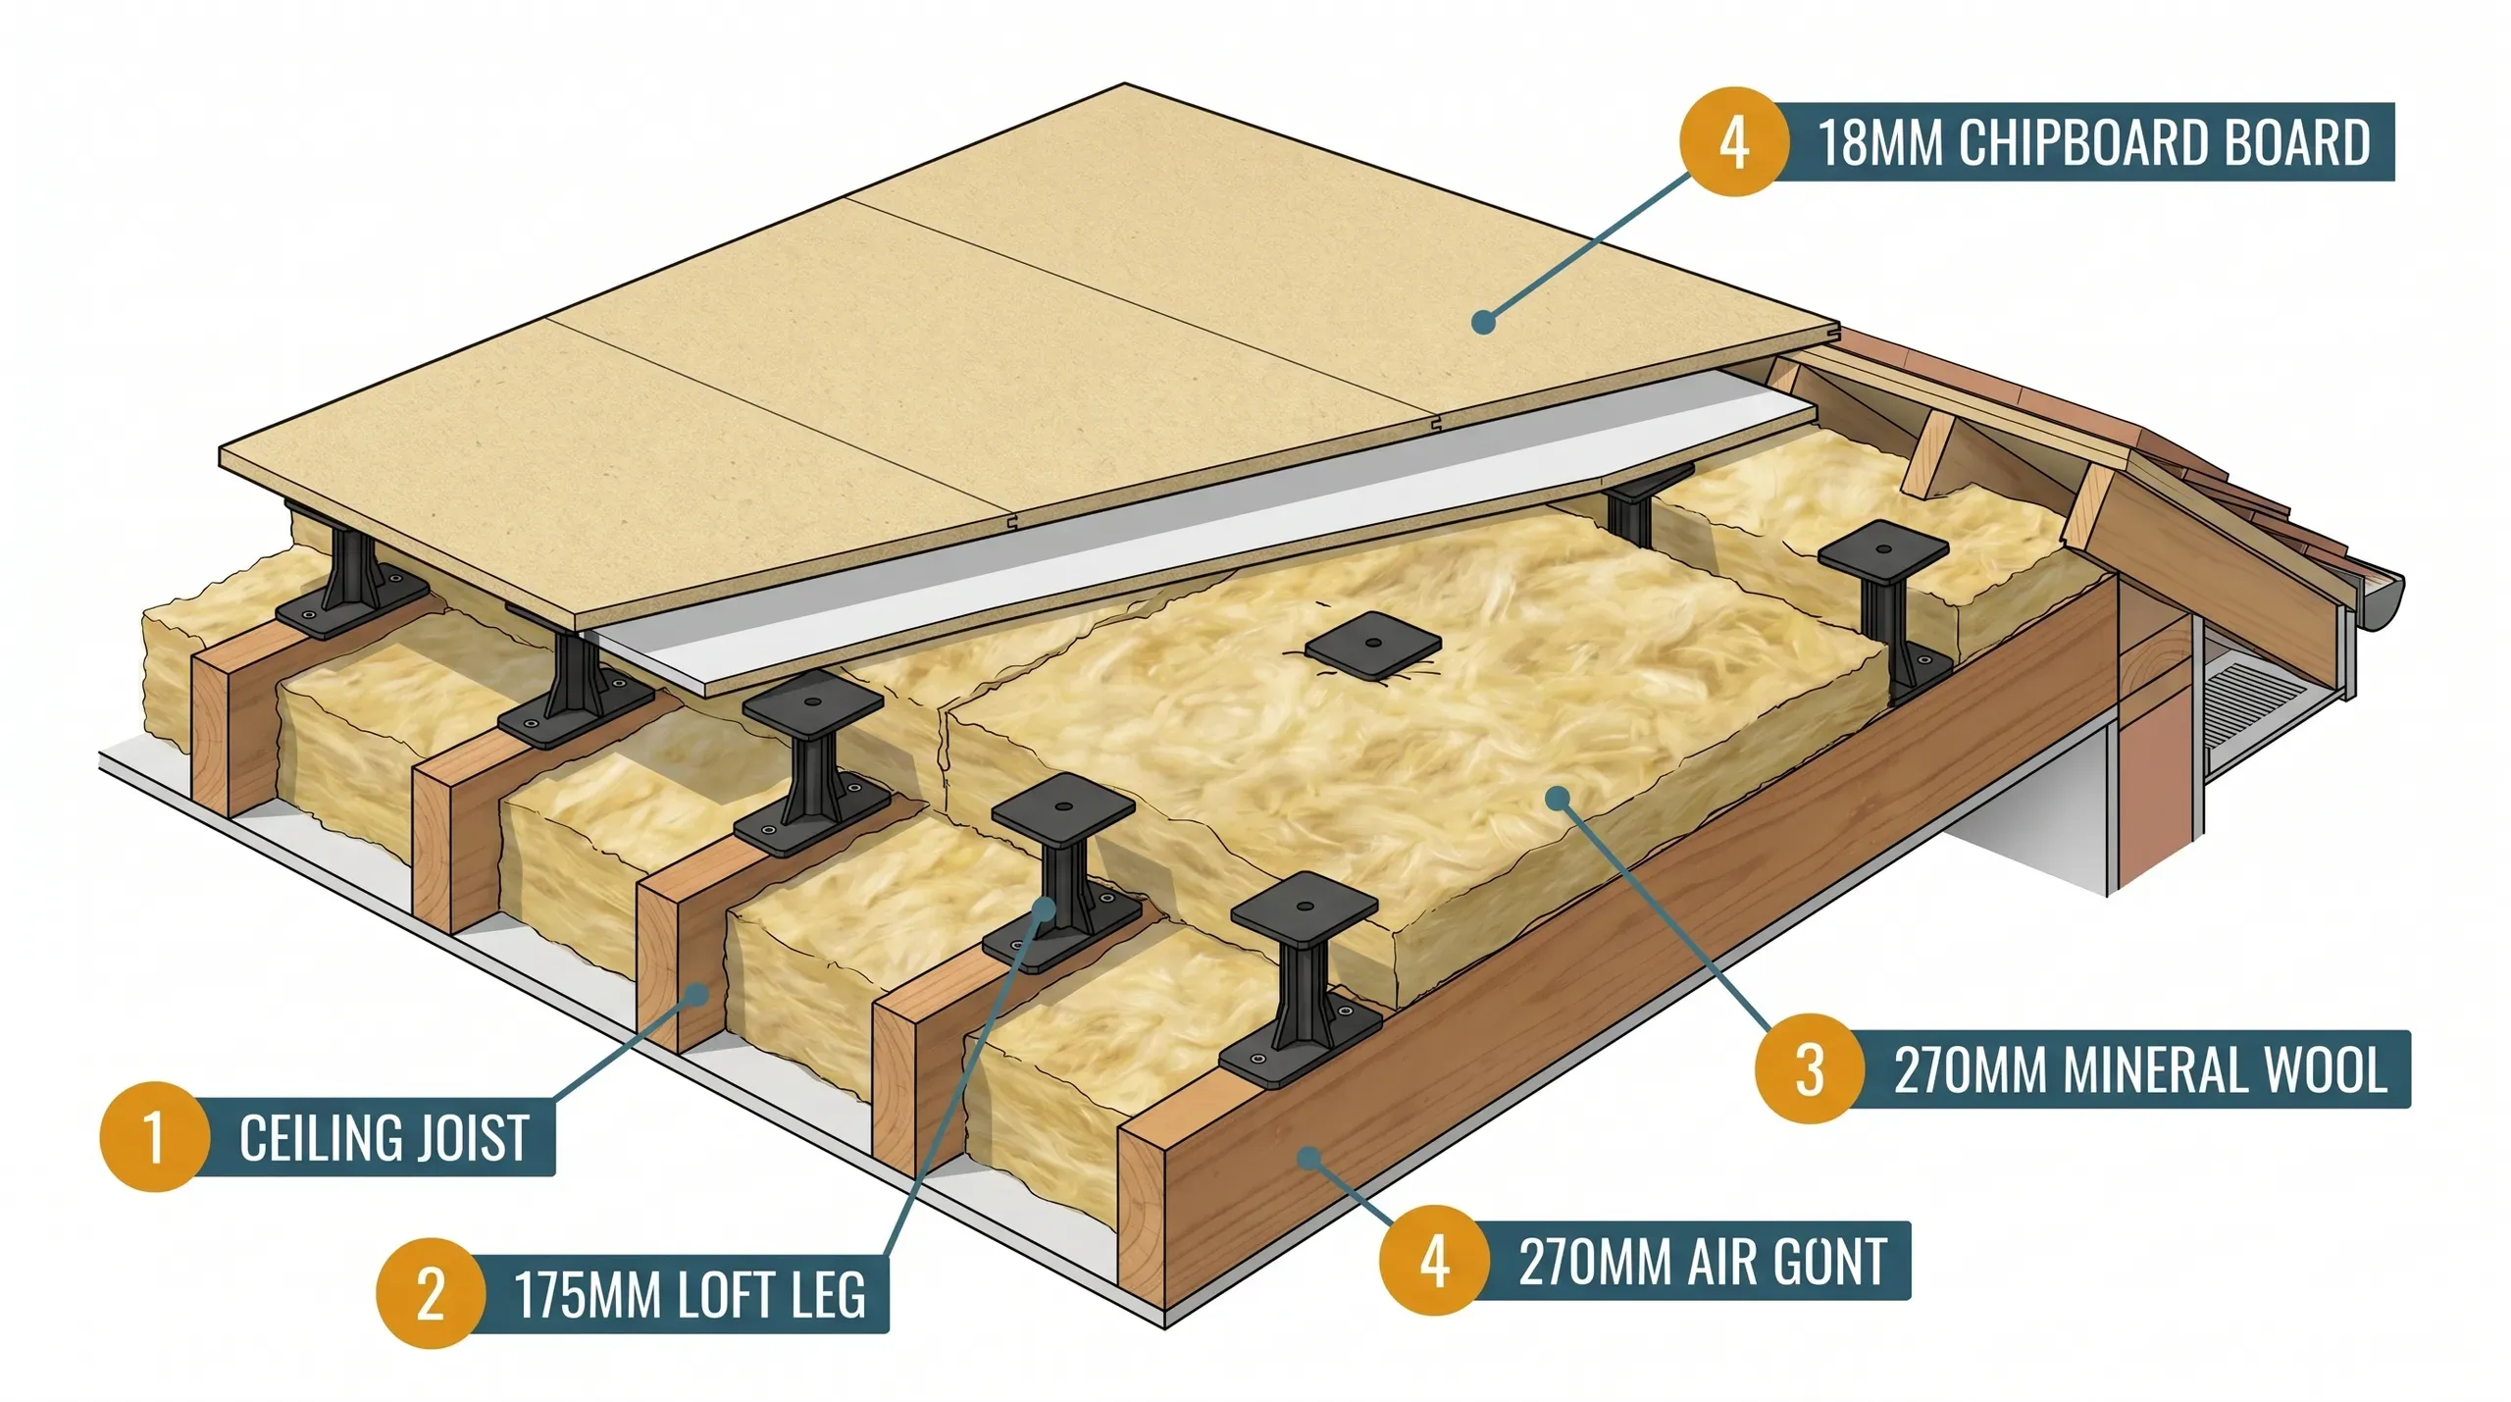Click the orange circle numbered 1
(x=154, y=1136)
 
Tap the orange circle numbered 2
(x=431, y=1293)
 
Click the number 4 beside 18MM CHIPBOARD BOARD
(x=1733, y=141)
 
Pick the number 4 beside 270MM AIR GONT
(x=1434, y=1260)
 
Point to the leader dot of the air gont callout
(x=1306, y=1159)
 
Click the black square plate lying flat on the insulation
(x=1373, y=646)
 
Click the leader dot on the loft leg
(x=1045, y=908)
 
